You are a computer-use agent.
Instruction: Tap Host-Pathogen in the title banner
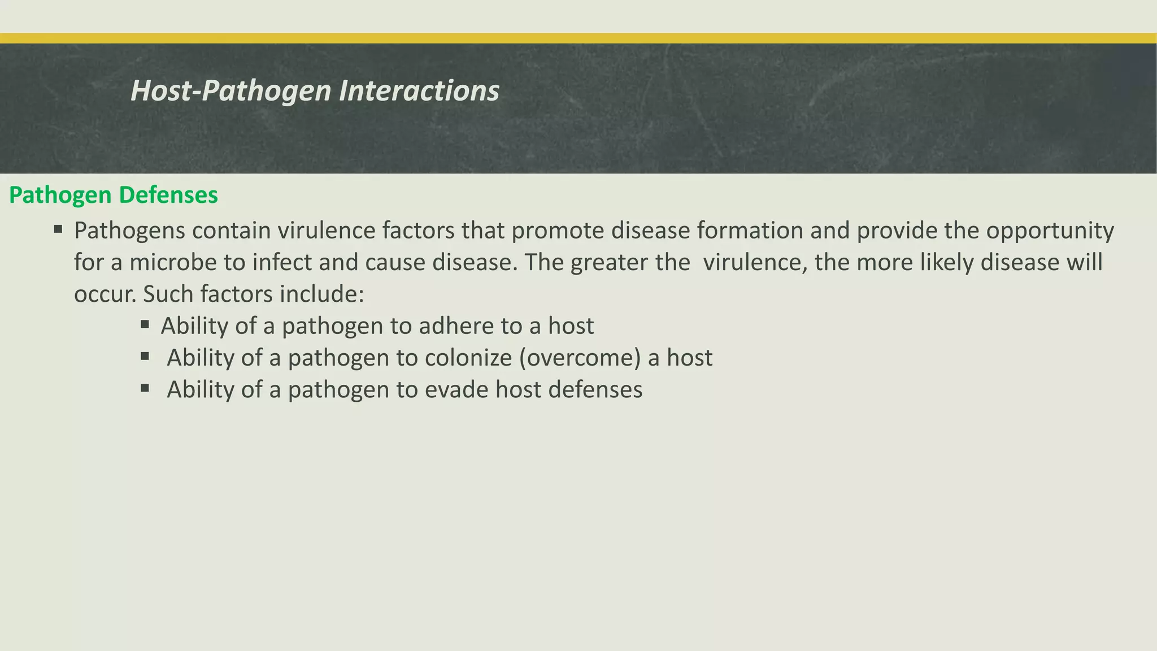(x=231, y=91)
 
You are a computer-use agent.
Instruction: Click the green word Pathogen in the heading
(x=60, y=196)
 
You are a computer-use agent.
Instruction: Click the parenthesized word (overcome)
(x=580, y=358)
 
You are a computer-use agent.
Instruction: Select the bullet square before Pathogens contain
(x=58, y=229)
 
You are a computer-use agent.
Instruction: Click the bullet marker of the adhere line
(x=145, y=324)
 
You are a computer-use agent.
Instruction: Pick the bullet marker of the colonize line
(x=145, y=356)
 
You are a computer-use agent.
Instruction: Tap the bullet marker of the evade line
(x=145, y=388)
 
